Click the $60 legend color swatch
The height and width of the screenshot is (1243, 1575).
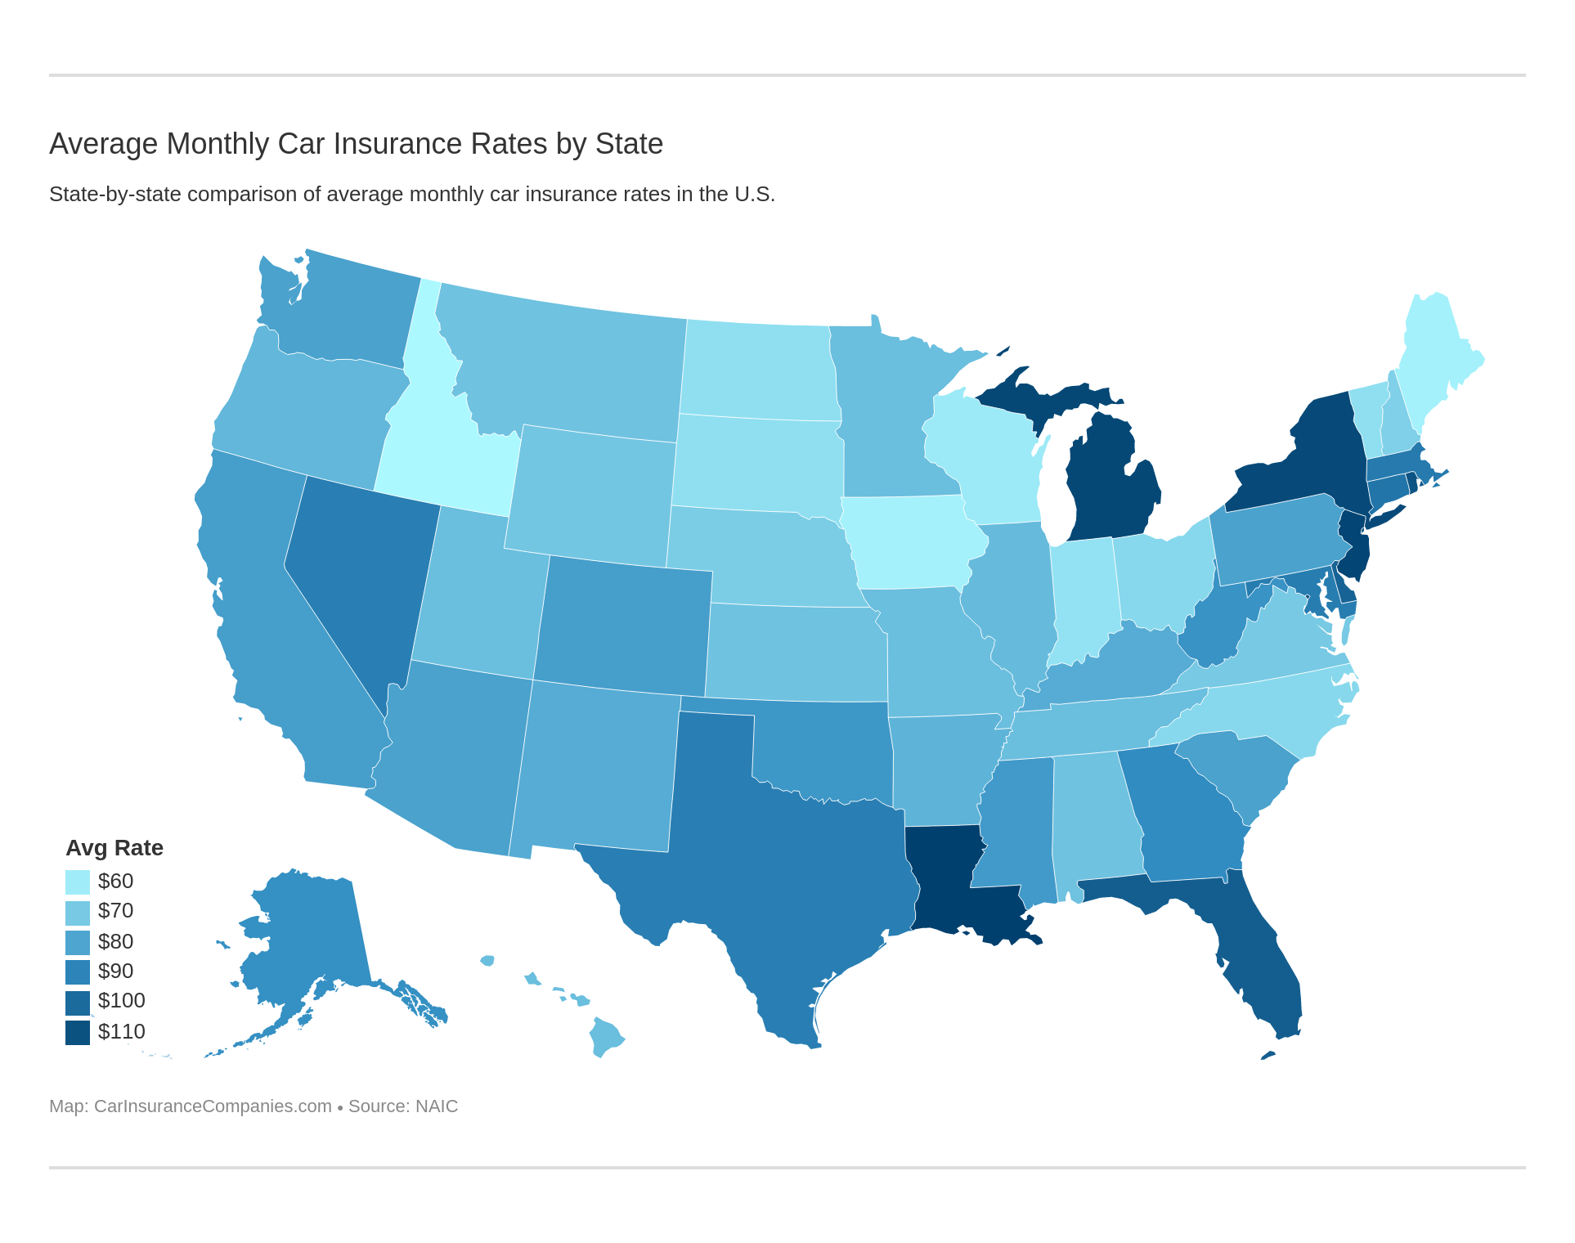coord(77,882)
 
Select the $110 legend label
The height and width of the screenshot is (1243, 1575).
coord(121,1031)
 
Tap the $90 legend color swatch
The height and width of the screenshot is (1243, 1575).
coord(77,972)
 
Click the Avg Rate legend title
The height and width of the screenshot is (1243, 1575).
coord(114,848)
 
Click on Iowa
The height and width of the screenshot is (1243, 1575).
coord(908,544)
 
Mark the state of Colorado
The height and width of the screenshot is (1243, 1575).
coord(626,621)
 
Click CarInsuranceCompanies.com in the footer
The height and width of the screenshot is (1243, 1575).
coord(213,1106)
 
